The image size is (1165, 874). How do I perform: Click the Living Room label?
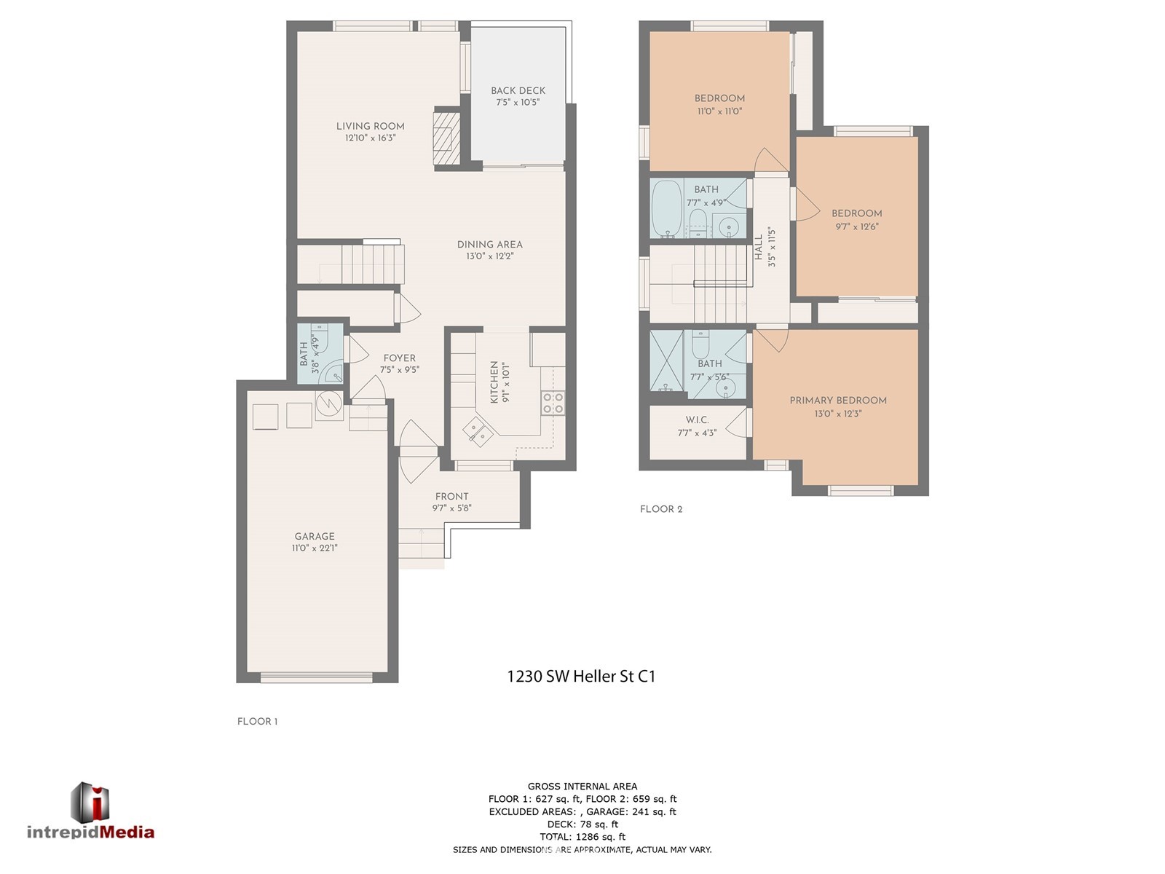point(370,126)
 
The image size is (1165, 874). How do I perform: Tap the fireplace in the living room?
point(446,139)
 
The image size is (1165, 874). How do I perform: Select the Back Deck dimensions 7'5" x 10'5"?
point(518,103)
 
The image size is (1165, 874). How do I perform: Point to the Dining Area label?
point(489,245)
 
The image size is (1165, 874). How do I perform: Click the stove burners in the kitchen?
point(553,403)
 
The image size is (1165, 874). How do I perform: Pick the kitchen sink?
point(478,430)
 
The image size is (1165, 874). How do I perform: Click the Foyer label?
point(399,358)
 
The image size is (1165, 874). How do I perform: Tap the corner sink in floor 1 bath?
point(334,374)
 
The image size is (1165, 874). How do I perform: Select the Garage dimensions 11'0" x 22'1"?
point(315,548)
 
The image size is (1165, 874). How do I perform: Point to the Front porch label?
point(451,497)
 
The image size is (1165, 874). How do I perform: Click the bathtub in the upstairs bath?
point(667,208)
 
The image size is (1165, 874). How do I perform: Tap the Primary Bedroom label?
point(838,401)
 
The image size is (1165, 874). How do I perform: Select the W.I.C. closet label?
point(697,420)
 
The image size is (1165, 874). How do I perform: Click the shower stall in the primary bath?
point(667,361)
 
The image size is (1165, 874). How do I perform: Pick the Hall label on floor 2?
point(759,248)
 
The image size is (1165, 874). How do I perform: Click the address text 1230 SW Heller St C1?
point(581,677)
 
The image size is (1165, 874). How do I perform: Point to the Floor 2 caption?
point(661,509)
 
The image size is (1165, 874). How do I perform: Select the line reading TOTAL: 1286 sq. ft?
point(582,837)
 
